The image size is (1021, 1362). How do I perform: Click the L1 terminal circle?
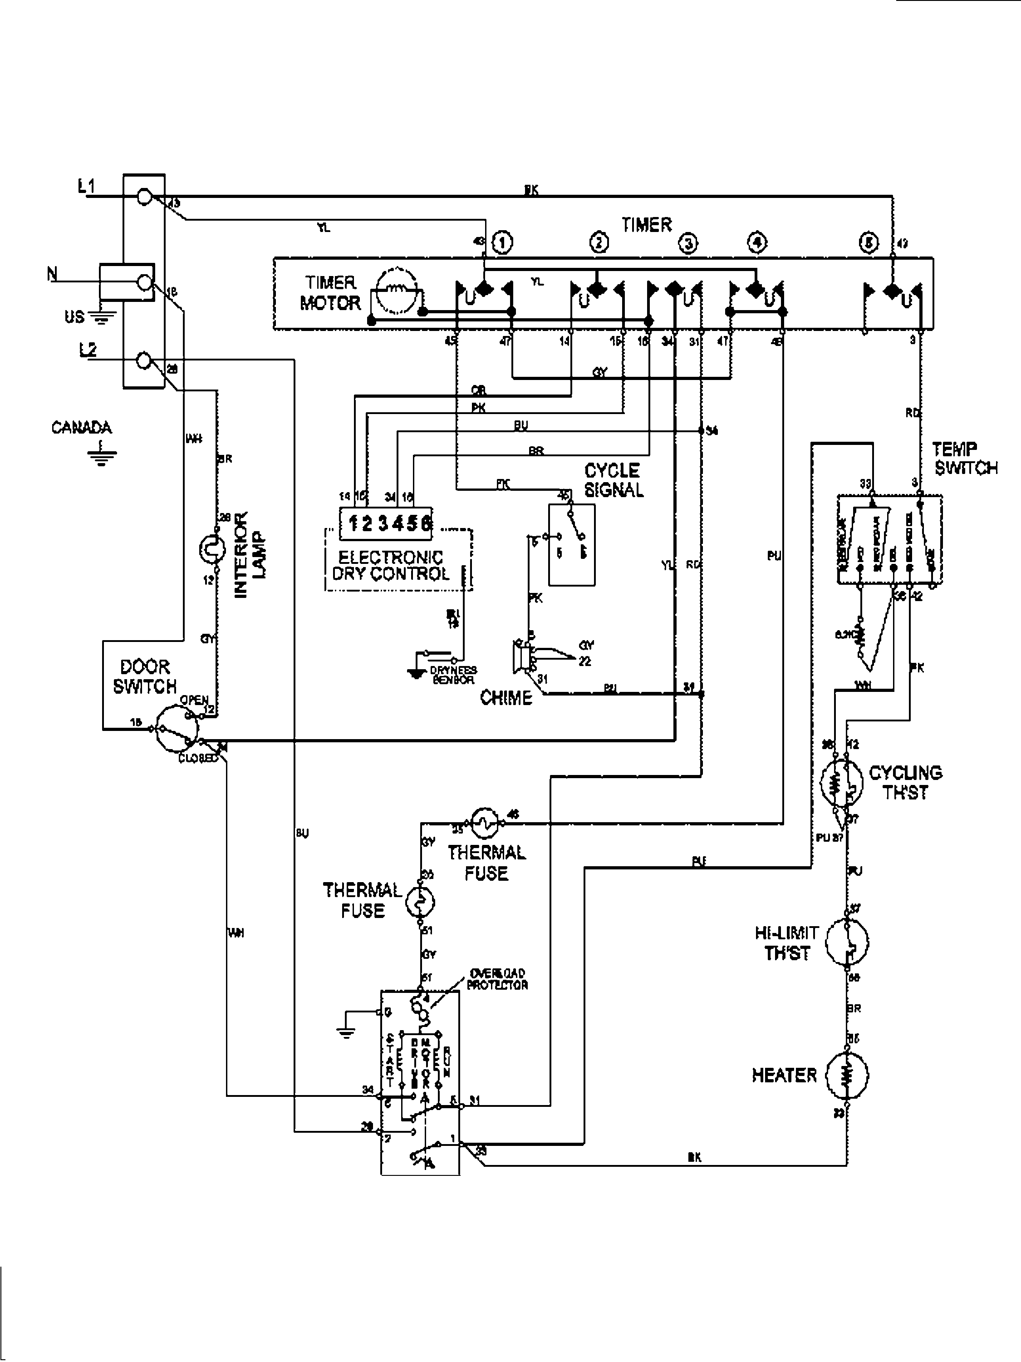point(143,197)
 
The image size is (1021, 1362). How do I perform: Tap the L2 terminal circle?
point(143,360)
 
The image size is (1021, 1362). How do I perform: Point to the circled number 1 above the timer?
point(503,242)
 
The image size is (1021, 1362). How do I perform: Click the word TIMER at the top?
point(646,225)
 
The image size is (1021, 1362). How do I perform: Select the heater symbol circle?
point(847,1075)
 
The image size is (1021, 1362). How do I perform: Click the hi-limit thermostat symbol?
point(847,943)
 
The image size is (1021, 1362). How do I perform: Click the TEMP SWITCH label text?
point(964,459)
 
